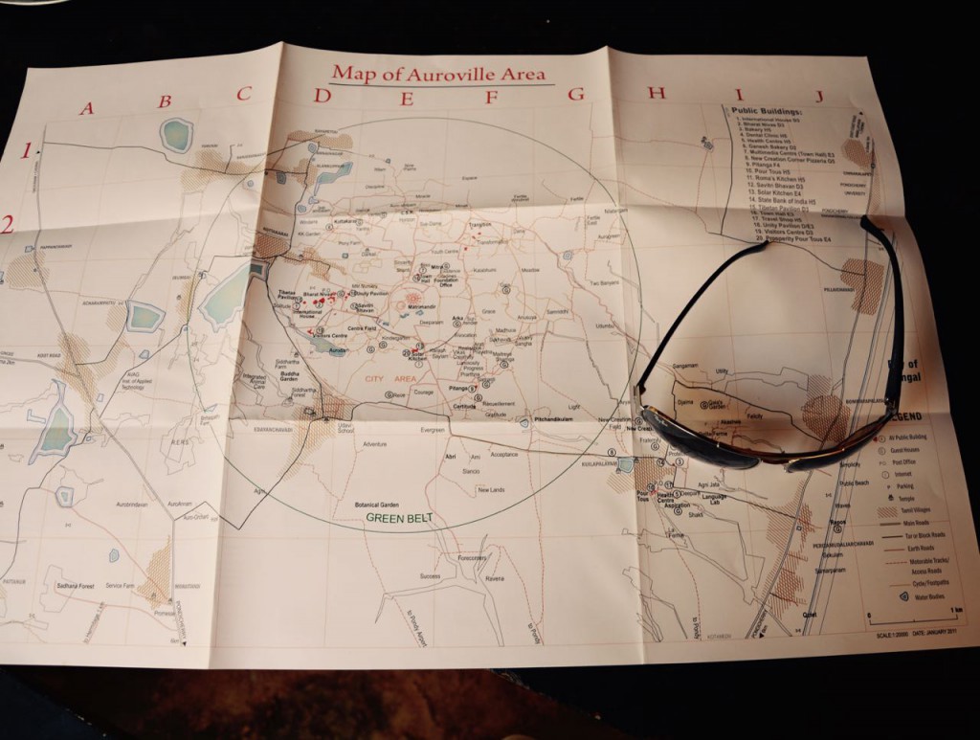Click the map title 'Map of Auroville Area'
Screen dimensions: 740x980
coord(439,74)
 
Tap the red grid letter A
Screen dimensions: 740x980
coord(87,107)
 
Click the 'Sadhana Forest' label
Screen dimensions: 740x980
coord(76,583)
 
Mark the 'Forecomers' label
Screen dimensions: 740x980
coord(471,557)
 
